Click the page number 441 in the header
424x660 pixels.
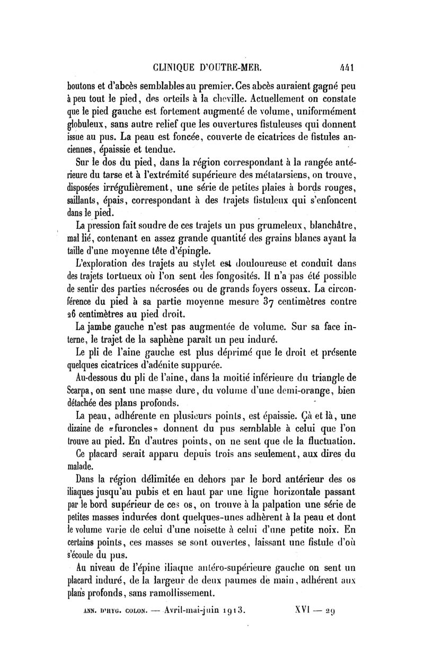[347, 67]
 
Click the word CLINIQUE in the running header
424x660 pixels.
[175, 67]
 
